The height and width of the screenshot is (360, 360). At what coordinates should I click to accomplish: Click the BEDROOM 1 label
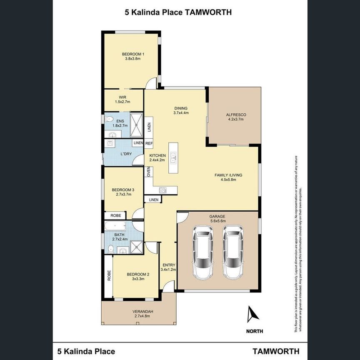[133, 54]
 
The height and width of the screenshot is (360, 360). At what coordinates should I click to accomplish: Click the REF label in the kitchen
[149, 143]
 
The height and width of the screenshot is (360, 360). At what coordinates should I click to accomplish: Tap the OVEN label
[148, 172]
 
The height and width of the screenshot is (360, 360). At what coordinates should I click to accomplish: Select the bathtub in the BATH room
[115, 227]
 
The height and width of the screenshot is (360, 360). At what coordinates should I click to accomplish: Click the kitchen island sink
[173, 158]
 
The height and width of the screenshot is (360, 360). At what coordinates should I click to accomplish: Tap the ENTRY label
[169, 265]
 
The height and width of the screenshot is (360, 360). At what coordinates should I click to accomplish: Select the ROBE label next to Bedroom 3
[115, 216]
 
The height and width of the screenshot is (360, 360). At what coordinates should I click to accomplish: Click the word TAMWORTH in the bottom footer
[274, 351]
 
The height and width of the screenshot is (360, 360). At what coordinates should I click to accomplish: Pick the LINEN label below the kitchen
[153, 200]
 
